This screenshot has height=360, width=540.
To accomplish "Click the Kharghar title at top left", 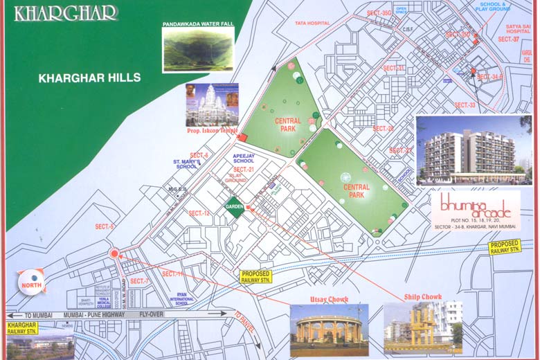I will click(66, 13).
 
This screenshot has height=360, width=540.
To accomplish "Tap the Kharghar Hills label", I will click(89, 78).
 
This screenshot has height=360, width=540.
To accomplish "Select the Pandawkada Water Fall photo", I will click(198, 50).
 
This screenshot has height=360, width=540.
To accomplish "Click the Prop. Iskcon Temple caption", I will click(212, 130).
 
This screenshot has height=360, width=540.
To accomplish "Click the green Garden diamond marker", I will click(234, 206).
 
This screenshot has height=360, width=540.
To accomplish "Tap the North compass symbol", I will click(31, 282).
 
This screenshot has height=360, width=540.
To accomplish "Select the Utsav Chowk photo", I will click(329, 330).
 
